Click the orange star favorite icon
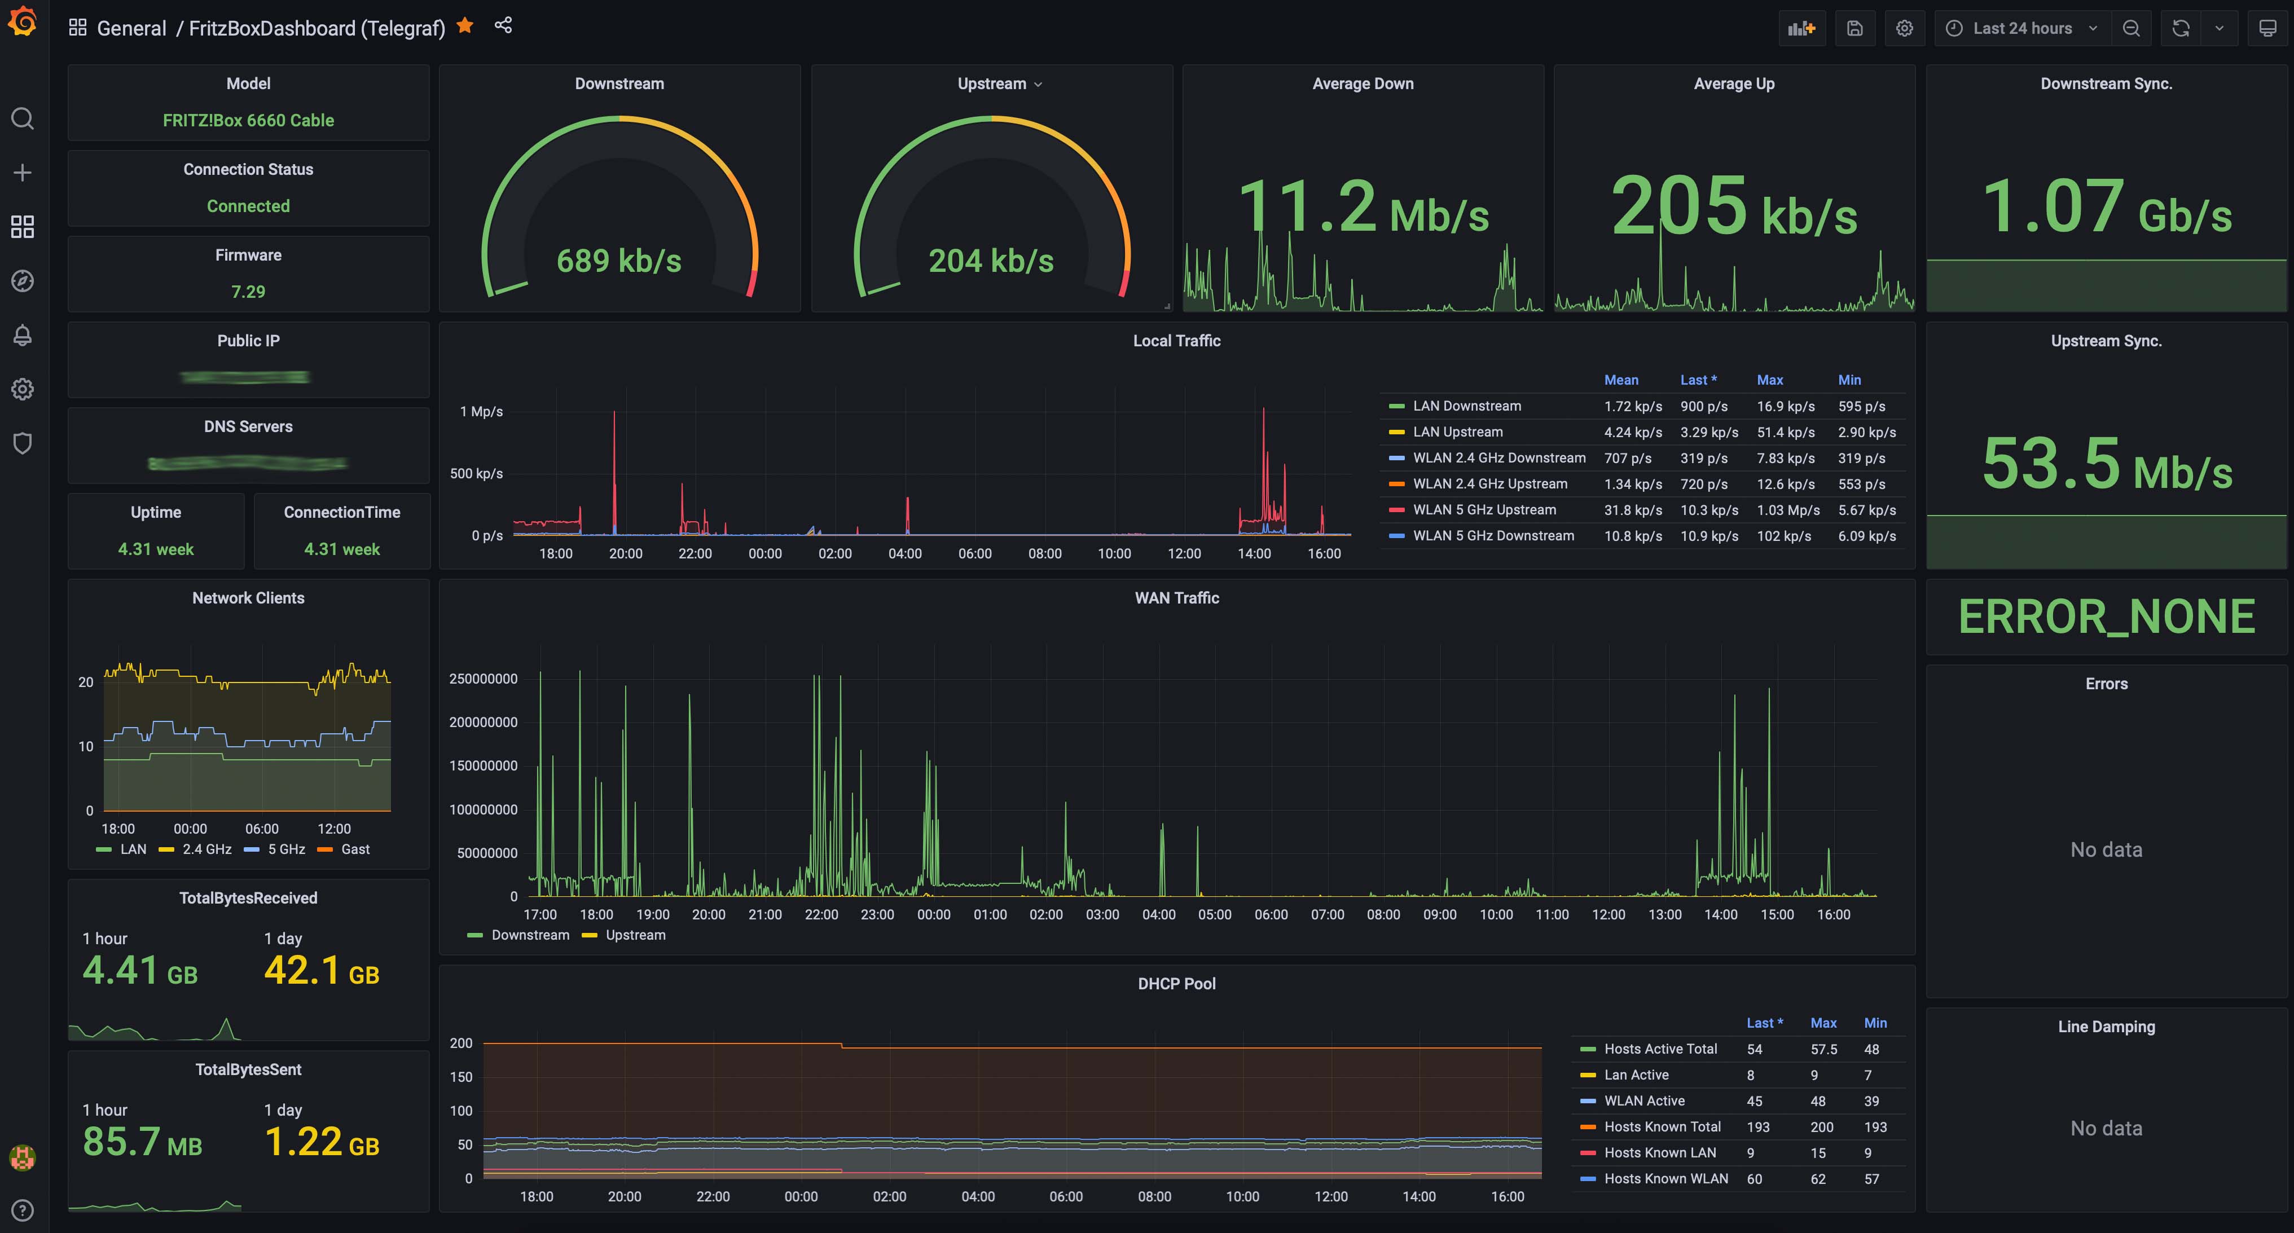(x=464, y=27)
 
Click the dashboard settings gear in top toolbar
(x=1904, y=29)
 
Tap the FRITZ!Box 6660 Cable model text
(x=248, y=120)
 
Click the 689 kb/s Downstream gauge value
(x=619, y=261)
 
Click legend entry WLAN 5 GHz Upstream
(x=1484, y=510)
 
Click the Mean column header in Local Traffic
(x=1621, y=380)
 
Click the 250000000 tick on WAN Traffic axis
(x=484, y=679)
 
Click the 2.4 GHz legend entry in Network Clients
(x=206, y=850)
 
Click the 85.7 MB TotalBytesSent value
(x=143, y=1142)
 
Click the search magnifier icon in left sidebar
(x=22, y=118)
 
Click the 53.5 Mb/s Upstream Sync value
(x=2106, y=465)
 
